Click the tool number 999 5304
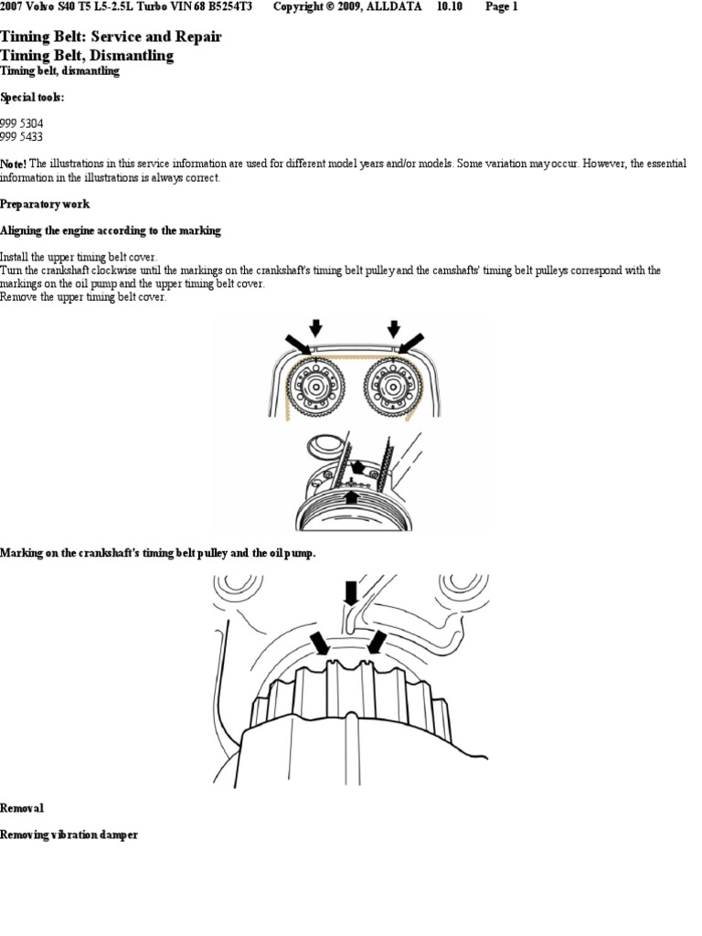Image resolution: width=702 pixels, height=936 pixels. tap(22, 123)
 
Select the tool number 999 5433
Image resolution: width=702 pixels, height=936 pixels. tap(22, 137)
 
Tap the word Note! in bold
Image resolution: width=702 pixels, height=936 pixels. tap(13, 164)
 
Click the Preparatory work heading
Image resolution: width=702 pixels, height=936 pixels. tap(45, 204)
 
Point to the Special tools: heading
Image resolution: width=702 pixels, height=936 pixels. tap(32, 97)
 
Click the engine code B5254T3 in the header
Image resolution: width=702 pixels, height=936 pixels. tap(230, 7)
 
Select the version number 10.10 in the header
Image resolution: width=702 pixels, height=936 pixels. tap(450, 7)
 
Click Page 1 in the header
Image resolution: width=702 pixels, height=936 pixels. tap(502, 7)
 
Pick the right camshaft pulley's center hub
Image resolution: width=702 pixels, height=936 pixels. tap(393, 388)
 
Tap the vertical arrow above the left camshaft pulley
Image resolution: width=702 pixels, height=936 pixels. tap(315, 328)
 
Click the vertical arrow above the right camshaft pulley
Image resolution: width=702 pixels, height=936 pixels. tap(393, 328)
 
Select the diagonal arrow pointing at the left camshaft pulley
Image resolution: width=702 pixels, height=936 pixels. tap(298, 345)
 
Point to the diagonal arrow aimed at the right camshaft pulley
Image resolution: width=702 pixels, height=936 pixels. tap(411, 344)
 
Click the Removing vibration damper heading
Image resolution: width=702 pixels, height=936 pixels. tap(69, 835)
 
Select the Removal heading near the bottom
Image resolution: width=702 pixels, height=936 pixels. tap(22, 808)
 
